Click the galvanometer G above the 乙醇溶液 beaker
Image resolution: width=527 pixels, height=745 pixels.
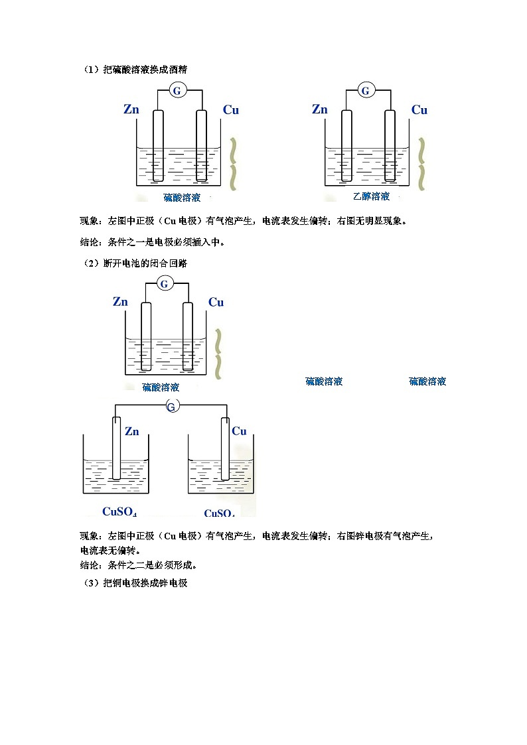tap(366, 90)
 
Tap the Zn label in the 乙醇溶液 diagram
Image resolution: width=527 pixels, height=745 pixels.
tap(320, 109)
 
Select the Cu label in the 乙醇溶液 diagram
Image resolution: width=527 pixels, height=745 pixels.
tap(419, 110)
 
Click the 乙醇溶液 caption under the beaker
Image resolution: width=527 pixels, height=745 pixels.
tap(371, 196)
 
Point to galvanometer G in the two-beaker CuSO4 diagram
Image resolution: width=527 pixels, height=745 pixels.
tap(171, 406)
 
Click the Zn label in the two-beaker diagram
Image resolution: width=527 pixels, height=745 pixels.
tap(132, 431)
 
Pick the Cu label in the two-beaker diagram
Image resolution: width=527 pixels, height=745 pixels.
tap(239, 431)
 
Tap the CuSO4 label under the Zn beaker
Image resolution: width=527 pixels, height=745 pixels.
tap(119, 511)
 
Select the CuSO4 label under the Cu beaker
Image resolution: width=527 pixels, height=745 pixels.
tap(219, 513)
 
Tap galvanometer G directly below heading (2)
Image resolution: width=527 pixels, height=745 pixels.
tap(165, 284)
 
